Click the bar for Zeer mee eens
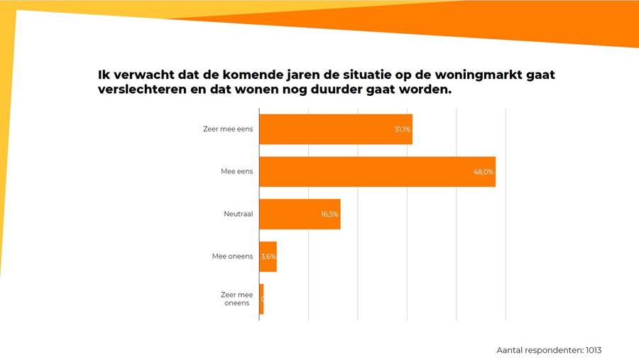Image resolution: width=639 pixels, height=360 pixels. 335,129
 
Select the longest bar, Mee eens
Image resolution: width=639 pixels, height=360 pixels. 376,172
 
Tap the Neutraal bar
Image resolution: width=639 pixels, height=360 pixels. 299,214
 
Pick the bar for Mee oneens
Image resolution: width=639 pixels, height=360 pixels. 268,256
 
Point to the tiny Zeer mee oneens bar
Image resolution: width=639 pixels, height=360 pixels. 261,299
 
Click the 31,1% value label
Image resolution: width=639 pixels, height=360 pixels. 403,129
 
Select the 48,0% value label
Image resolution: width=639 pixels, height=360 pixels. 484,172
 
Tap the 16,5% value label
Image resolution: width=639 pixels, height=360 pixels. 329,214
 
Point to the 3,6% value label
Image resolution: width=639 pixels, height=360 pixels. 268,256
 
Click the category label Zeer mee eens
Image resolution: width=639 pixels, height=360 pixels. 228,129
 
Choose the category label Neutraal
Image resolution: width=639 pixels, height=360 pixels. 238,214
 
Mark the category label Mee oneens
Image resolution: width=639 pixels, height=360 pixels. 232,256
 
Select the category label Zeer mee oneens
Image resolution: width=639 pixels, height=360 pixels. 236,299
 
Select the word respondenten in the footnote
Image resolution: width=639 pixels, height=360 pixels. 552,350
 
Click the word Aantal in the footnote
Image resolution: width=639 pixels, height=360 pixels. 510,350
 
